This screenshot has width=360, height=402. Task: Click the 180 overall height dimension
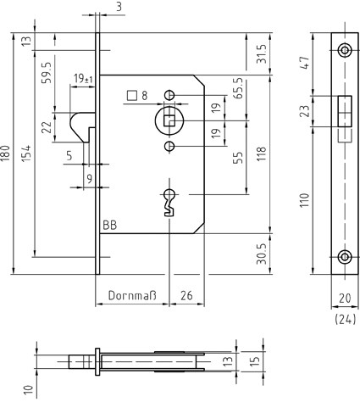point(6,154)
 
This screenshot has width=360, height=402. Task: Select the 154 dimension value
point(26,154)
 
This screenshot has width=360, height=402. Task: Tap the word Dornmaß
point(132,295)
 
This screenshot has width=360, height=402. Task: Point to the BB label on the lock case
point(109,226)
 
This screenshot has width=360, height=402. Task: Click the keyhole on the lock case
point(169,202)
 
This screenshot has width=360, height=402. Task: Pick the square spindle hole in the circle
point(169,120)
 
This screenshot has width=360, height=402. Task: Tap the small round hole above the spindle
point(169,95)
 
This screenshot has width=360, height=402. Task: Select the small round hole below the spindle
point(169,146)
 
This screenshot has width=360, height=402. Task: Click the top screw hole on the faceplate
point(345,51)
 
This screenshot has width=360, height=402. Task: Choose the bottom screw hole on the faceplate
point(345,257)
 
